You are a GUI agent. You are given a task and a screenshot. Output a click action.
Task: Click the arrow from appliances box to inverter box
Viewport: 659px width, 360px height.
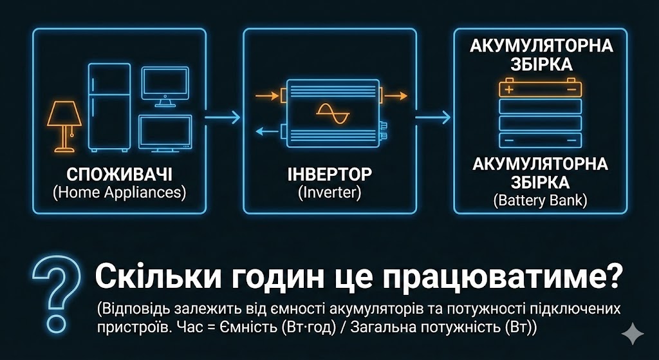(x=223, y=117)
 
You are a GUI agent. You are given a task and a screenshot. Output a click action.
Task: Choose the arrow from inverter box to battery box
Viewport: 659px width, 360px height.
(x=433, y=117)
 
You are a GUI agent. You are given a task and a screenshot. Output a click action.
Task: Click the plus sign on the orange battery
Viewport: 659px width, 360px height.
(x=509, y=89)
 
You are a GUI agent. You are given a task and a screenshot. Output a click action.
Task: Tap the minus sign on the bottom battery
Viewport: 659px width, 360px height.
(x=509, y=138)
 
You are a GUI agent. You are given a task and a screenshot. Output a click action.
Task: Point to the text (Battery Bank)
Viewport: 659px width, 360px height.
(x=541, y=200)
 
